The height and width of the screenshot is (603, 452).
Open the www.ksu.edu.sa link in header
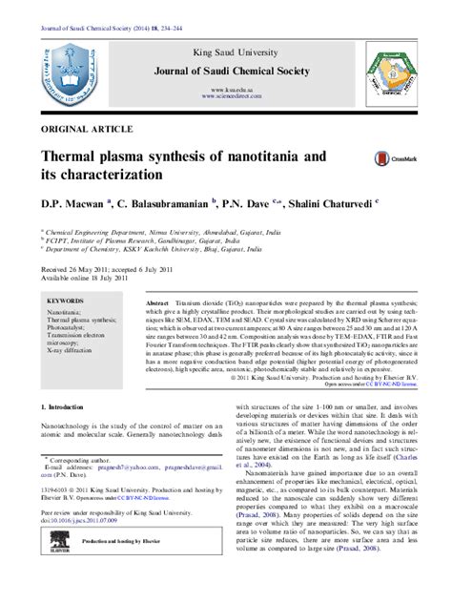226,88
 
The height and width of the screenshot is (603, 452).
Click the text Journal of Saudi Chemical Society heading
226,71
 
